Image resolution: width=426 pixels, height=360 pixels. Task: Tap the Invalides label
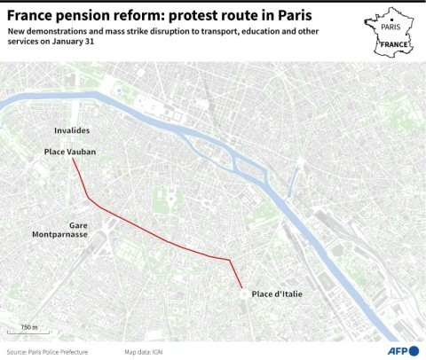click(72, 130)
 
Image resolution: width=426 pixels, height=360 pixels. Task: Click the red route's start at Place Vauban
click(74, 160)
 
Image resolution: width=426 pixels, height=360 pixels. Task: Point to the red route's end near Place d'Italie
click(242, 287)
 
